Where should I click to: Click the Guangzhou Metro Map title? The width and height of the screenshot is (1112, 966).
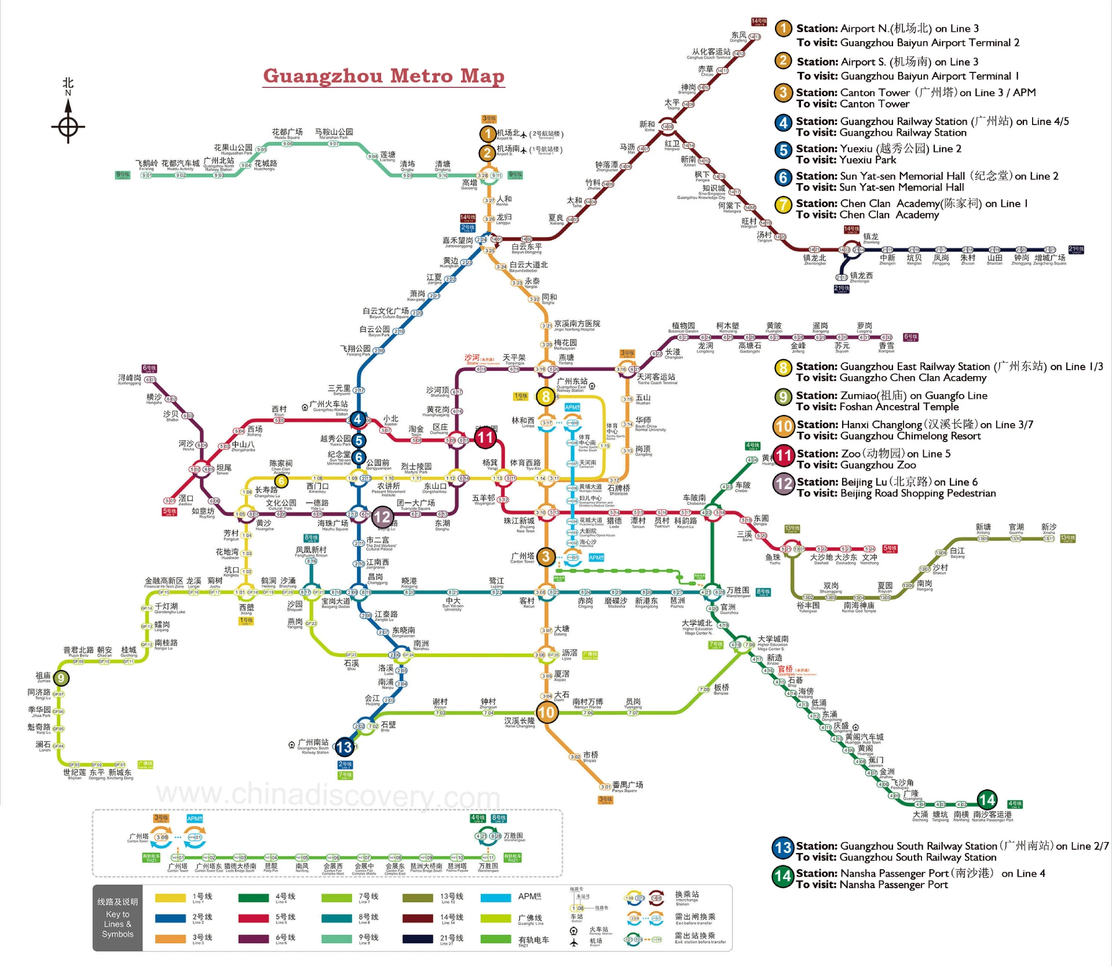(383, 76)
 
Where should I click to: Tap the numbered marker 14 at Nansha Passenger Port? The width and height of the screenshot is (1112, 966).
(987, 800)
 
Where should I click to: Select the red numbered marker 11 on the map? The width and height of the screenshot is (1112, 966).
(485, 438)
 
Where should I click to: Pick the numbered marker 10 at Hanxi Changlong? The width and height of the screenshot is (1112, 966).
(547, 712)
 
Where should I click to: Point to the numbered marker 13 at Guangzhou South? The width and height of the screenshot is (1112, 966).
(344, 747)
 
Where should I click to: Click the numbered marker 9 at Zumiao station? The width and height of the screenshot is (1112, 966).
(61, 678)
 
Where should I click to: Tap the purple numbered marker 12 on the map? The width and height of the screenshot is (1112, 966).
(382, 516)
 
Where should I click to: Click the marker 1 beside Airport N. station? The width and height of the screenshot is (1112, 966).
(488, 134)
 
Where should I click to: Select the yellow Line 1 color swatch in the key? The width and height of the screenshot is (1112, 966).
(170, 898)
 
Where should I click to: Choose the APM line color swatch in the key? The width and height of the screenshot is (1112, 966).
(496, 898)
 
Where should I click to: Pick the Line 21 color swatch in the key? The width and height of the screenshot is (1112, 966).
(418, 939)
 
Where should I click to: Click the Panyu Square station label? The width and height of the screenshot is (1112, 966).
(627, 786)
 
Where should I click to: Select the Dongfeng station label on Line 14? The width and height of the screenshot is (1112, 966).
(738, 37)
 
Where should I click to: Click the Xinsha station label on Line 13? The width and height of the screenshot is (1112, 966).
(1049, 528)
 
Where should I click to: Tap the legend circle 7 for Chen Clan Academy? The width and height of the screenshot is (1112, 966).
(783, 205)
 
